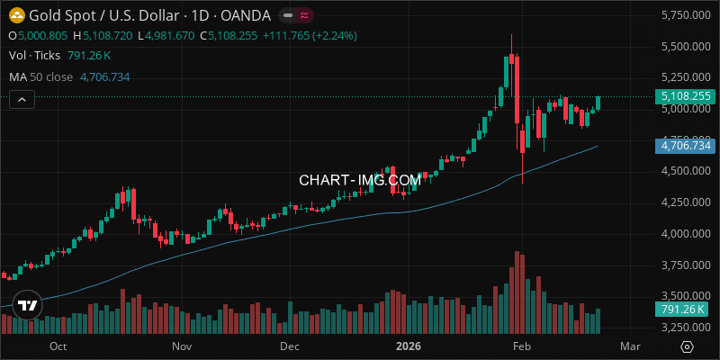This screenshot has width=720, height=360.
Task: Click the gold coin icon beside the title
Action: [x=16, y=15]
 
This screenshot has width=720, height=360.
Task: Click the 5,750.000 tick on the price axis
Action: [x=682, y=15]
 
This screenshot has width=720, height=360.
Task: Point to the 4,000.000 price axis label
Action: [x=682, y=233]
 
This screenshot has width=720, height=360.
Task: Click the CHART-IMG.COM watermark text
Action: [x=360, y=180]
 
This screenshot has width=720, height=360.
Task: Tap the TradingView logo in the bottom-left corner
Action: [x=28, y=306]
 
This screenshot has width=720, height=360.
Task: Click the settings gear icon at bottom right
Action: [x=687, y=346]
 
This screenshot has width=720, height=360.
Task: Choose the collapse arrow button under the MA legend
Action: [x=21, y=98]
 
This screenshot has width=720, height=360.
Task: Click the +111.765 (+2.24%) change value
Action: [x=307, y=35]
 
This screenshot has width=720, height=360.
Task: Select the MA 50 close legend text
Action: [x=40, y=76]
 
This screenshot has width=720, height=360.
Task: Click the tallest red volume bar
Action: [x=517, y=292]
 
